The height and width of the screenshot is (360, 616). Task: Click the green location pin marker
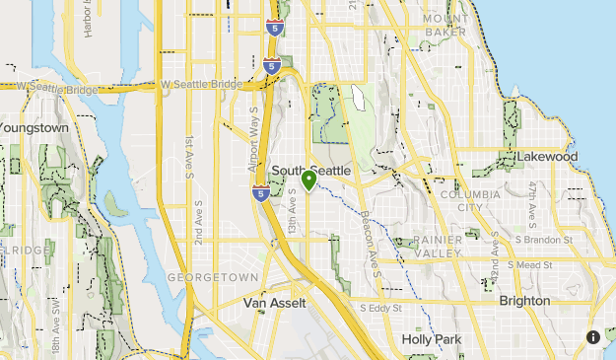click(x=309, y=180)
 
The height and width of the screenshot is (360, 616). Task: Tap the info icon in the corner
click(x=593, y=337)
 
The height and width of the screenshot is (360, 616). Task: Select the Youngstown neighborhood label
click(x=34, y=127)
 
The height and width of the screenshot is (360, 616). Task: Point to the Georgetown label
click(x=213, y=278)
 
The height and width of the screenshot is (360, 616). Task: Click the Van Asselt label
click(x=274, y=303)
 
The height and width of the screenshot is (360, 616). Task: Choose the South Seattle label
click(x=310, y=170)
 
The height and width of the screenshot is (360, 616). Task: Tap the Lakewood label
click(x=546, y=157)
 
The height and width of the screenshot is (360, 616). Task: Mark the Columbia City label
click(x=471, y=200)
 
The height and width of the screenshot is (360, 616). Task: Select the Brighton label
click(x=524, y=300)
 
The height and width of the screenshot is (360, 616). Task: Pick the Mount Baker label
click(x=446, y=25)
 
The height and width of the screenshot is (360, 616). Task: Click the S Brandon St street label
click(x=542, y=240)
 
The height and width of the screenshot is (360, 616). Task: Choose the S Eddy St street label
click(x=381, y=308)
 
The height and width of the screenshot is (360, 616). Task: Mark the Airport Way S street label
click(x=253, y=123)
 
